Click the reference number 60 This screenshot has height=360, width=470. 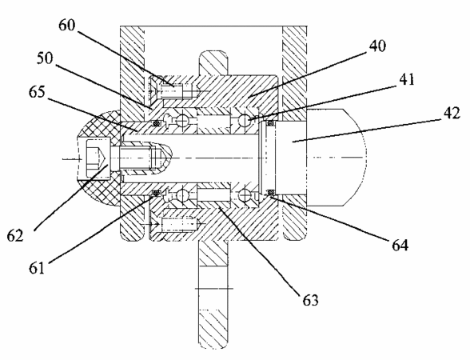tap(66, 26)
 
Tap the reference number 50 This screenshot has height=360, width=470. tap(45, 58)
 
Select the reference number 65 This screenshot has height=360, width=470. tap(37, 92)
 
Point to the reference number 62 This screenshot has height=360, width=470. tap(15, 235)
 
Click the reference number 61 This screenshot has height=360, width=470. tap(37, 267)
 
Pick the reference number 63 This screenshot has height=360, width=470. tap(310, 299)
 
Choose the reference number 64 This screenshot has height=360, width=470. tap(400, 245)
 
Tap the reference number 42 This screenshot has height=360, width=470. tap(452, 114)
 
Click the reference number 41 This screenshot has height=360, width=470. tap(407, 80)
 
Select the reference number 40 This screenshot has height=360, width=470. tap(377, 46)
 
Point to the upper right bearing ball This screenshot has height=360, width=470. tap(245, 121)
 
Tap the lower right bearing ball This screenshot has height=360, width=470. tap(245, 194)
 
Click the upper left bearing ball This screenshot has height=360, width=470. tap(181, 121)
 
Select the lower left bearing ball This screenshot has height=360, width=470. tap(181, 195)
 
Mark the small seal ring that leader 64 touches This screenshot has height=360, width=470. tap(271, 192)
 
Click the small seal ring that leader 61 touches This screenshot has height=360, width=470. tap(156, 193)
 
